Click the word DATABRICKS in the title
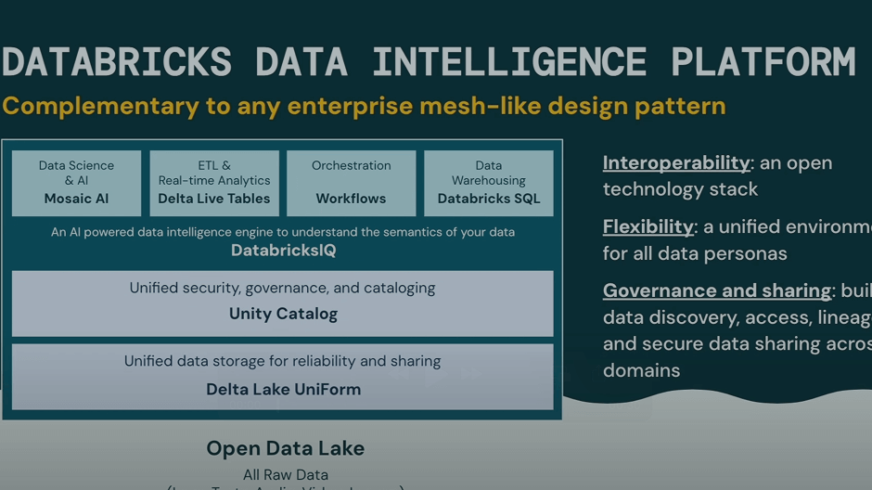pyautogui.click(x=117, y=62)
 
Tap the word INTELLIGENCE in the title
pyautogui.click(x=509, y=62)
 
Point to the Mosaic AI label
pyautogui.click(x=76, y=199)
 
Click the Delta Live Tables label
pyautogui.click(x=214, y=199)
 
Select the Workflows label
pyautogui.click(x=351, y=199)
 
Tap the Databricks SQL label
pyautogui.click(x=489, y=199)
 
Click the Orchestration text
pyautogui.click(x=351, y=165)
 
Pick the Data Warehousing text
pyautogui.click(x=489, y=173)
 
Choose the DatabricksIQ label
pyautogui.click(x=283, y=251)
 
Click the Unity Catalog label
pyautogui.click(x=283, y=314)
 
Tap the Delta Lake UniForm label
pyautogui.click(x=283, y=389)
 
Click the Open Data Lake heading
pyautogui.click(x=285, y=448)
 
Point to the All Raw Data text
pyautogui.click(x=286, y=475)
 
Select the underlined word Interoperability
pyautogui.click(x=676, y=163)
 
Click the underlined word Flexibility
pyautogui.click(x=648, y=226)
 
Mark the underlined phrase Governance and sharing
pyautogui.click(x=717, y=290)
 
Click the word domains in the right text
pyautogui.click(x=642, y=370)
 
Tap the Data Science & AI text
pyautogui.click(x=76, y=173)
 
